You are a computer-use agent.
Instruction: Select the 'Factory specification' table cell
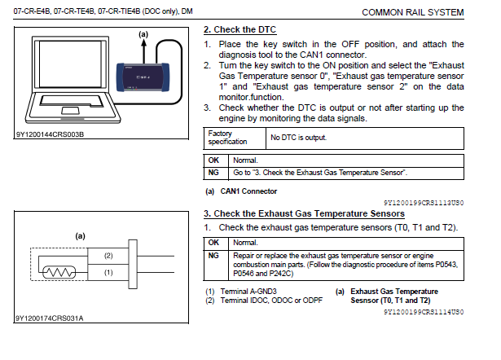232,137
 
